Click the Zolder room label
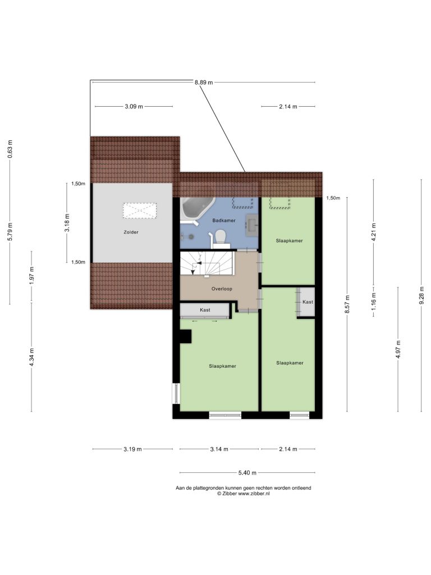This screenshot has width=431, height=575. point(131,232)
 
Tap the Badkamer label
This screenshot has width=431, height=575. point(224,220)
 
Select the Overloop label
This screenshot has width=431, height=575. point(222,289)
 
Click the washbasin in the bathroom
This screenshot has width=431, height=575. point(252,223)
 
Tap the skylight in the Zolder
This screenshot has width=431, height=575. point(139,211)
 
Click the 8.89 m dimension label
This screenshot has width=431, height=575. point(204,83)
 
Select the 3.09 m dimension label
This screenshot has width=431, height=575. point(134,107)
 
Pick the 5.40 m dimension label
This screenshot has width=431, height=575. point(247,473)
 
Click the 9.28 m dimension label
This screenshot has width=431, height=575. point(421,295)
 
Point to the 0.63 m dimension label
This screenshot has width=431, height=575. point(10,149)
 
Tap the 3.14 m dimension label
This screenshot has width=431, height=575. point(219,449)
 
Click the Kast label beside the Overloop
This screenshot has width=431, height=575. point(205,310)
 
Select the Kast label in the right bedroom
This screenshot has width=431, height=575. point(308,302)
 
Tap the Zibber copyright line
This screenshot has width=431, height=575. point(244,494)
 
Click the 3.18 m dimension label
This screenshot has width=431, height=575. point(67,222)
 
